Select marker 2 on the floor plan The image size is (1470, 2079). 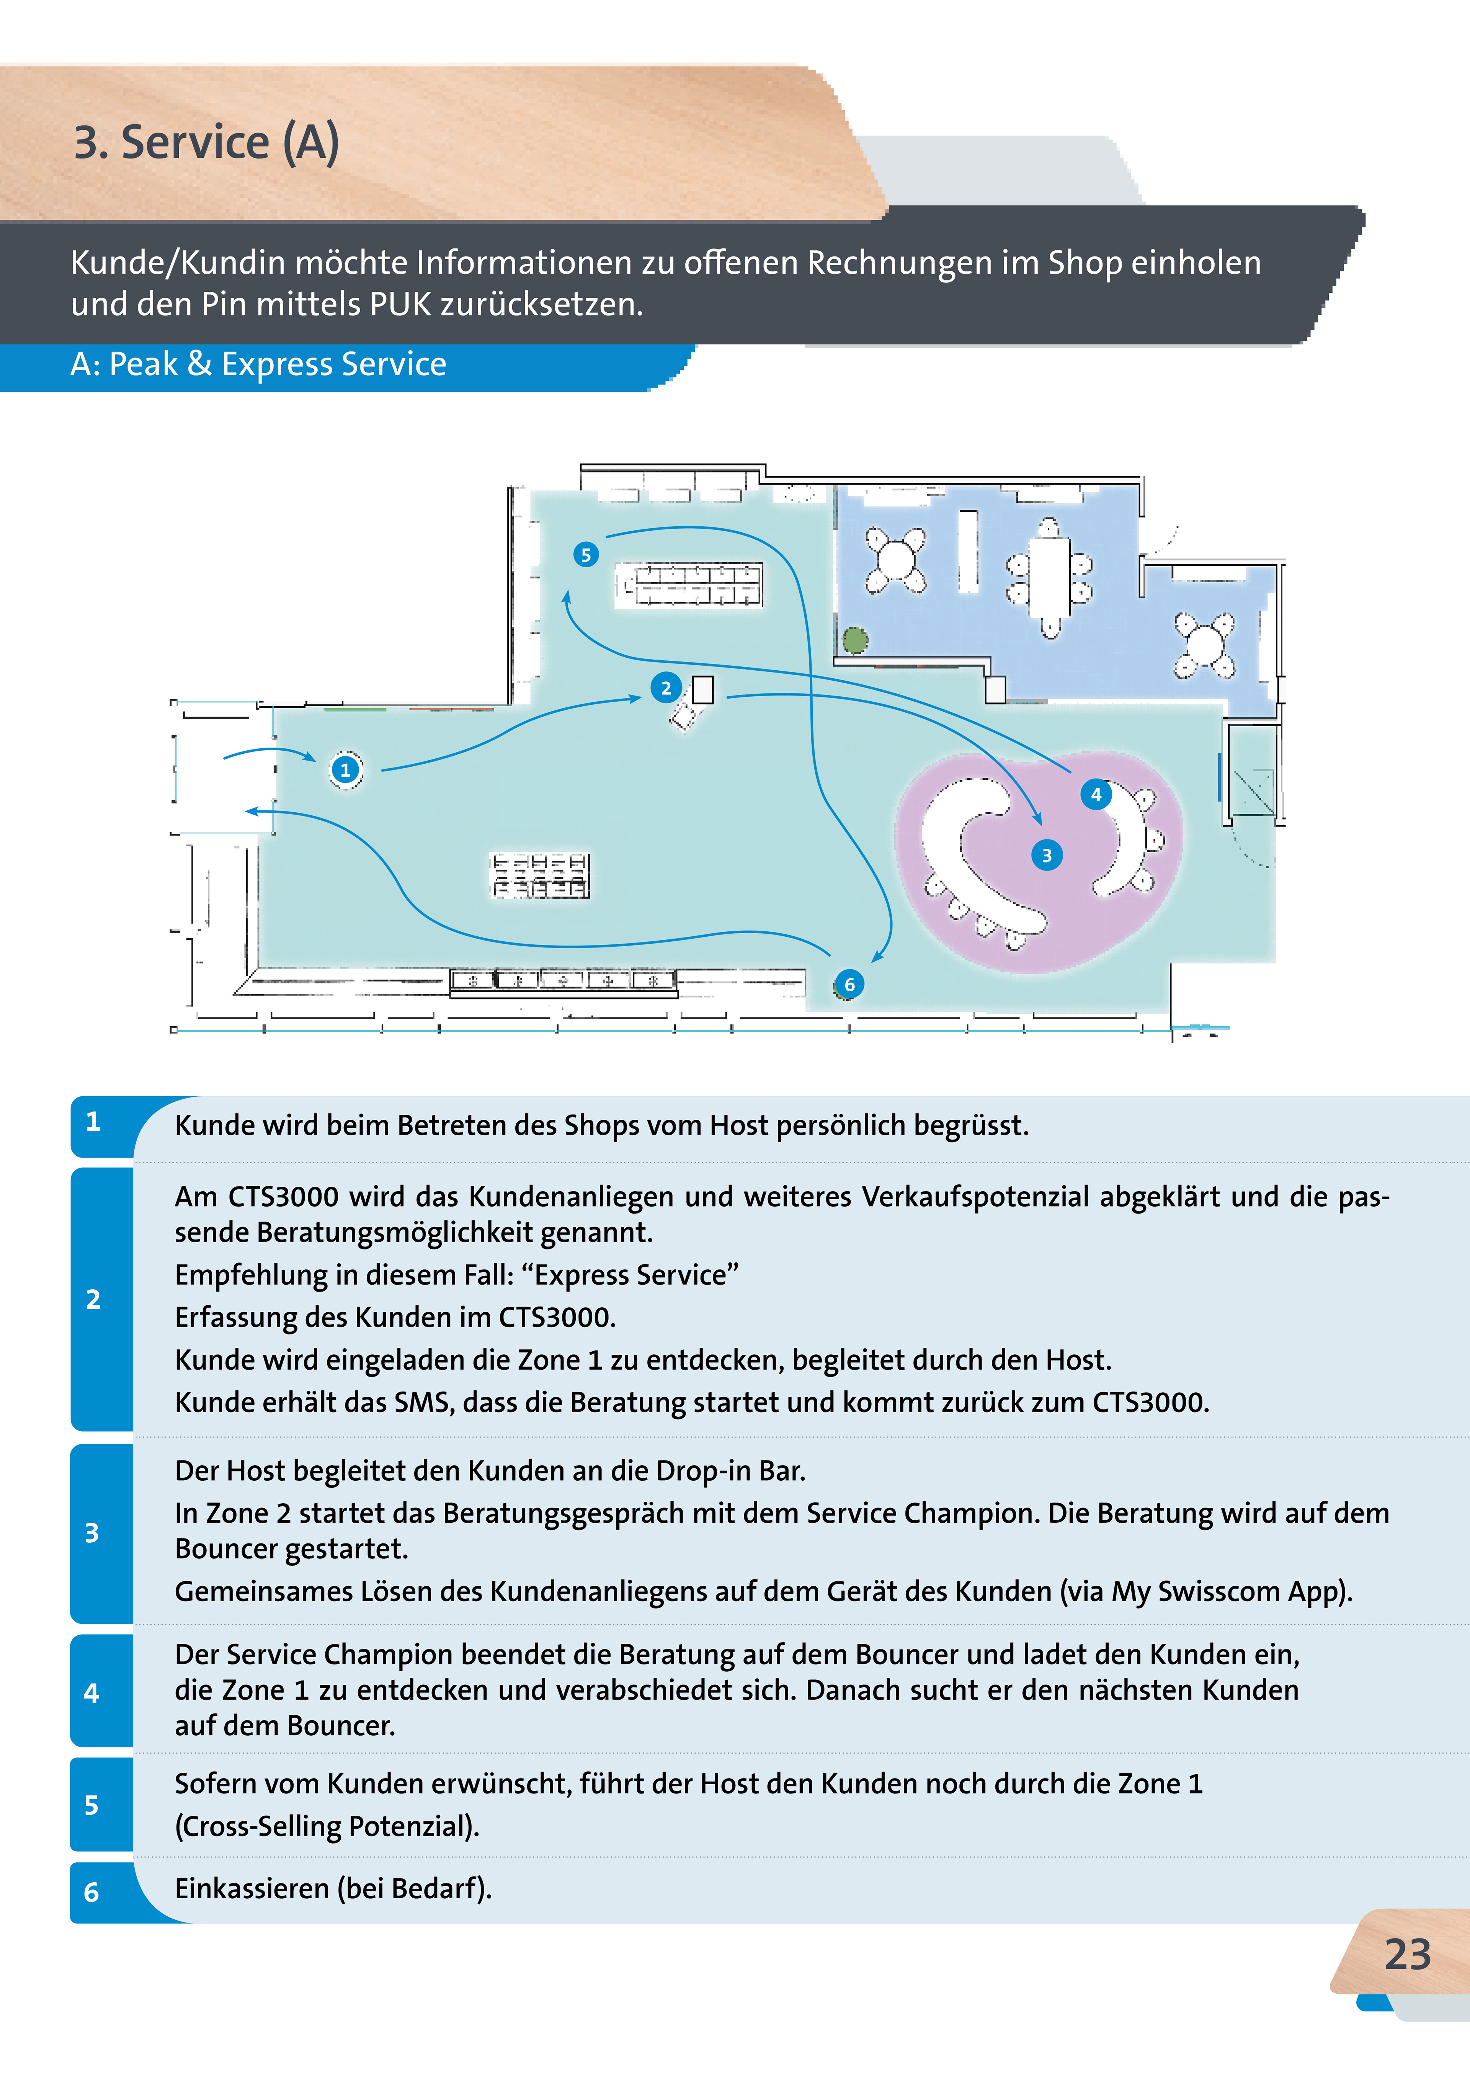pos(666,688)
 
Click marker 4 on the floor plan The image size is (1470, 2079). pos(1096,794)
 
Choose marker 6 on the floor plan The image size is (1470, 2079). pos(849,984)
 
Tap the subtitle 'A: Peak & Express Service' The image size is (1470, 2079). pos(258,364)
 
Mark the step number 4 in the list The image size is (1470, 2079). pos(91,1692)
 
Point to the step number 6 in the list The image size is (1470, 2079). pos(91,1891)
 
